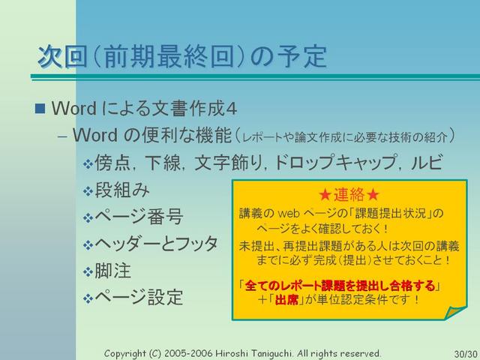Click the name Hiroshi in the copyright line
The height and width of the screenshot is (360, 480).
(x=232, y=353)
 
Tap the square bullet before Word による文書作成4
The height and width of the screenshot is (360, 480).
(x=40, y=108)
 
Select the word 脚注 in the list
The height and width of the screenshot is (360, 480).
(x=112, y=271)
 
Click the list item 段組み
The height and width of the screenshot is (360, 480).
(x=122, y=190)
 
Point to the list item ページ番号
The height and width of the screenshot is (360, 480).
(x=139, y=217)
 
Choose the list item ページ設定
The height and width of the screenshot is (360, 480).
(x=139, y=297)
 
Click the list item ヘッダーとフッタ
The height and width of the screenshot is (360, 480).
(x=156, y=244)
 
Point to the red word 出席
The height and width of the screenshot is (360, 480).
(x=286, y=300)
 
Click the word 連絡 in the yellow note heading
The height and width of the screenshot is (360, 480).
(x=349, y=195)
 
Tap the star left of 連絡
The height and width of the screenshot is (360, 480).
(x=325, y=195)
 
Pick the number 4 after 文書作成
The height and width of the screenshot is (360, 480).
(x=231, y=109)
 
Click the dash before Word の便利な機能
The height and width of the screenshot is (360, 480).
(x=62, y=136)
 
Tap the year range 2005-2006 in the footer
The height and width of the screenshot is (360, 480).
(x=188, y=353)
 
